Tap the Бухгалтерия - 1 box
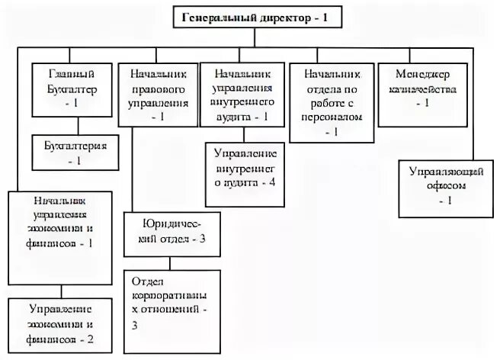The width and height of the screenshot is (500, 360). [71, 151]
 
